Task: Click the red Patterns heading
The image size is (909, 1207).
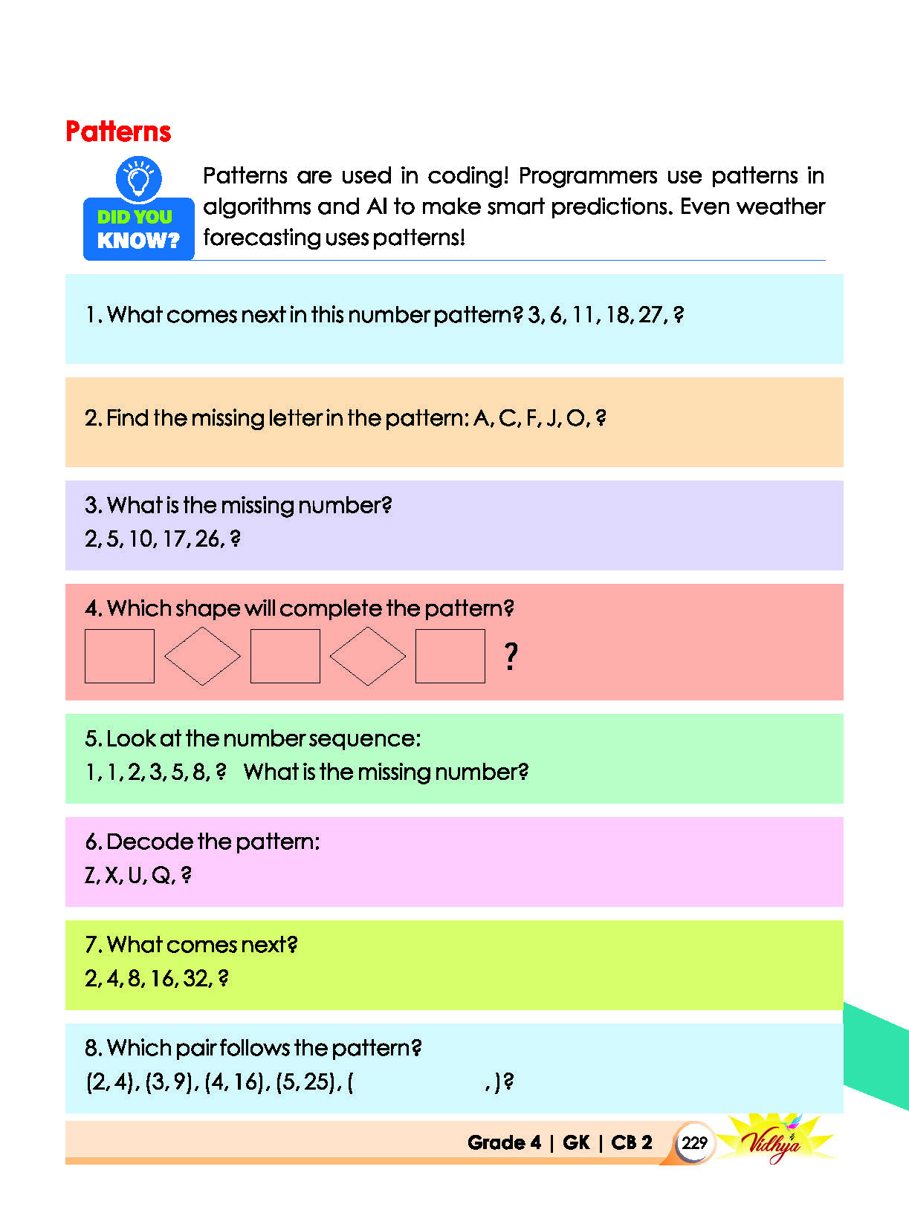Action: coord(118,132)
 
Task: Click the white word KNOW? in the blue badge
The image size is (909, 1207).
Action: coord(139,241)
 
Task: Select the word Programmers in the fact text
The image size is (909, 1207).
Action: coord(588,177)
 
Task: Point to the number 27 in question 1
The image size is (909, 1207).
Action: coord(650,315)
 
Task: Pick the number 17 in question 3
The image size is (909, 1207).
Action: coord(174,539)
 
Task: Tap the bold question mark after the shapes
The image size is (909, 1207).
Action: coord(511,656)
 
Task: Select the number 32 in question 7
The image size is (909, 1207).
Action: coord(195,978)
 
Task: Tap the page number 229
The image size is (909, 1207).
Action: coord(694,1142)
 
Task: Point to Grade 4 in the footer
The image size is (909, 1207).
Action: coord(504,1142)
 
